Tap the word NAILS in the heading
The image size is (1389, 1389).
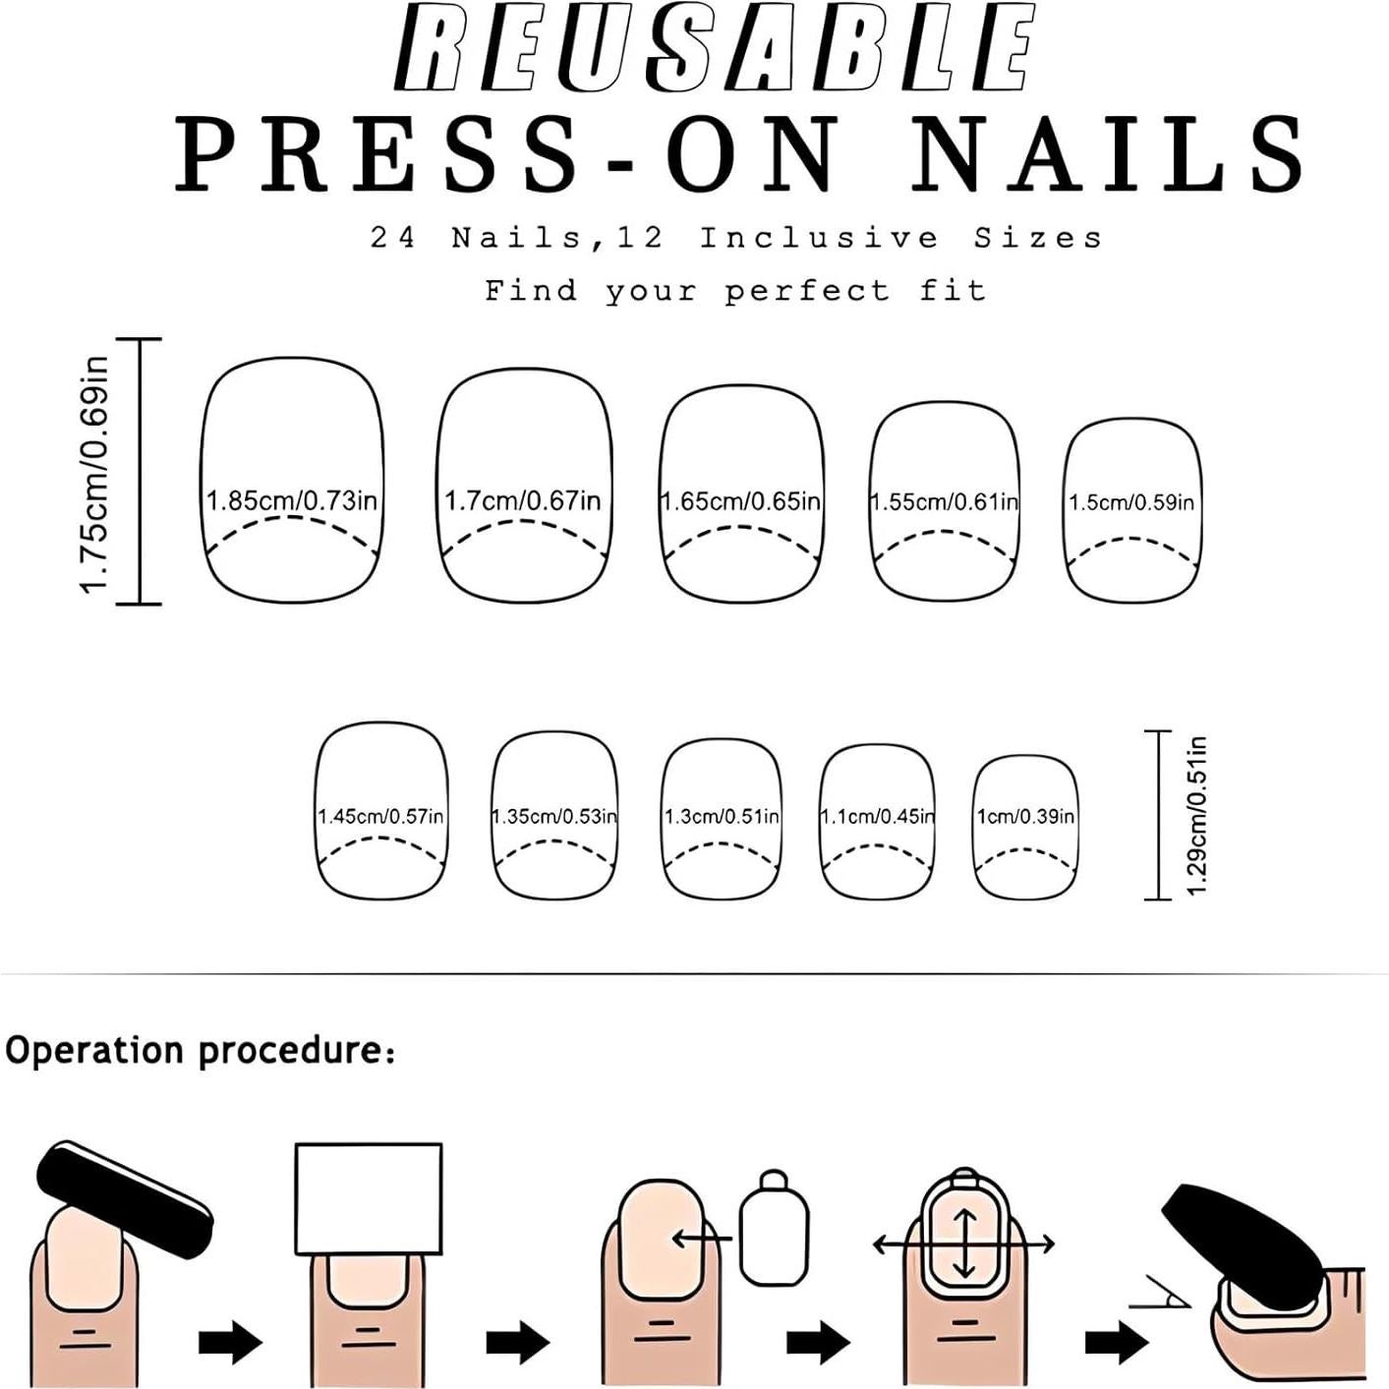click(1108, 154)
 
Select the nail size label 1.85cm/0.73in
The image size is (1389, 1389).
click(292, 500)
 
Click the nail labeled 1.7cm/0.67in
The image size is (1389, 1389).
click(522, 500)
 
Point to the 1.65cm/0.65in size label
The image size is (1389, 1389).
click(740, 501)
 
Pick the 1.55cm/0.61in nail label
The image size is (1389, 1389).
click(944, 502)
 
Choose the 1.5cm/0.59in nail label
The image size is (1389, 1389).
click(1131, 502)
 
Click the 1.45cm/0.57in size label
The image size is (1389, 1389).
click(380, 817)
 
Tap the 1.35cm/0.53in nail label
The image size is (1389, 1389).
click(554, 817)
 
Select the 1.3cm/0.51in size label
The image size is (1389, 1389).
click(722, 817)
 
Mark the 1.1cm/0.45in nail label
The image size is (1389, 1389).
click(877, 817)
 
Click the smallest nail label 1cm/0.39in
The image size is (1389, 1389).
click(1025, 817)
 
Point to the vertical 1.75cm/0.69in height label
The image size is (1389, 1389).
click(95, 474)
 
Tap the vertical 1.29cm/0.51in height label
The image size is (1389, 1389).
click(1196, 815)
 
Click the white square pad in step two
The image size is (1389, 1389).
click(369, 1199)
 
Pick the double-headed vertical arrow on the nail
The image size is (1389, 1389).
click(964, 1243)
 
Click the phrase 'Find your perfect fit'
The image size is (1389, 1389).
click(735, 291)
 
